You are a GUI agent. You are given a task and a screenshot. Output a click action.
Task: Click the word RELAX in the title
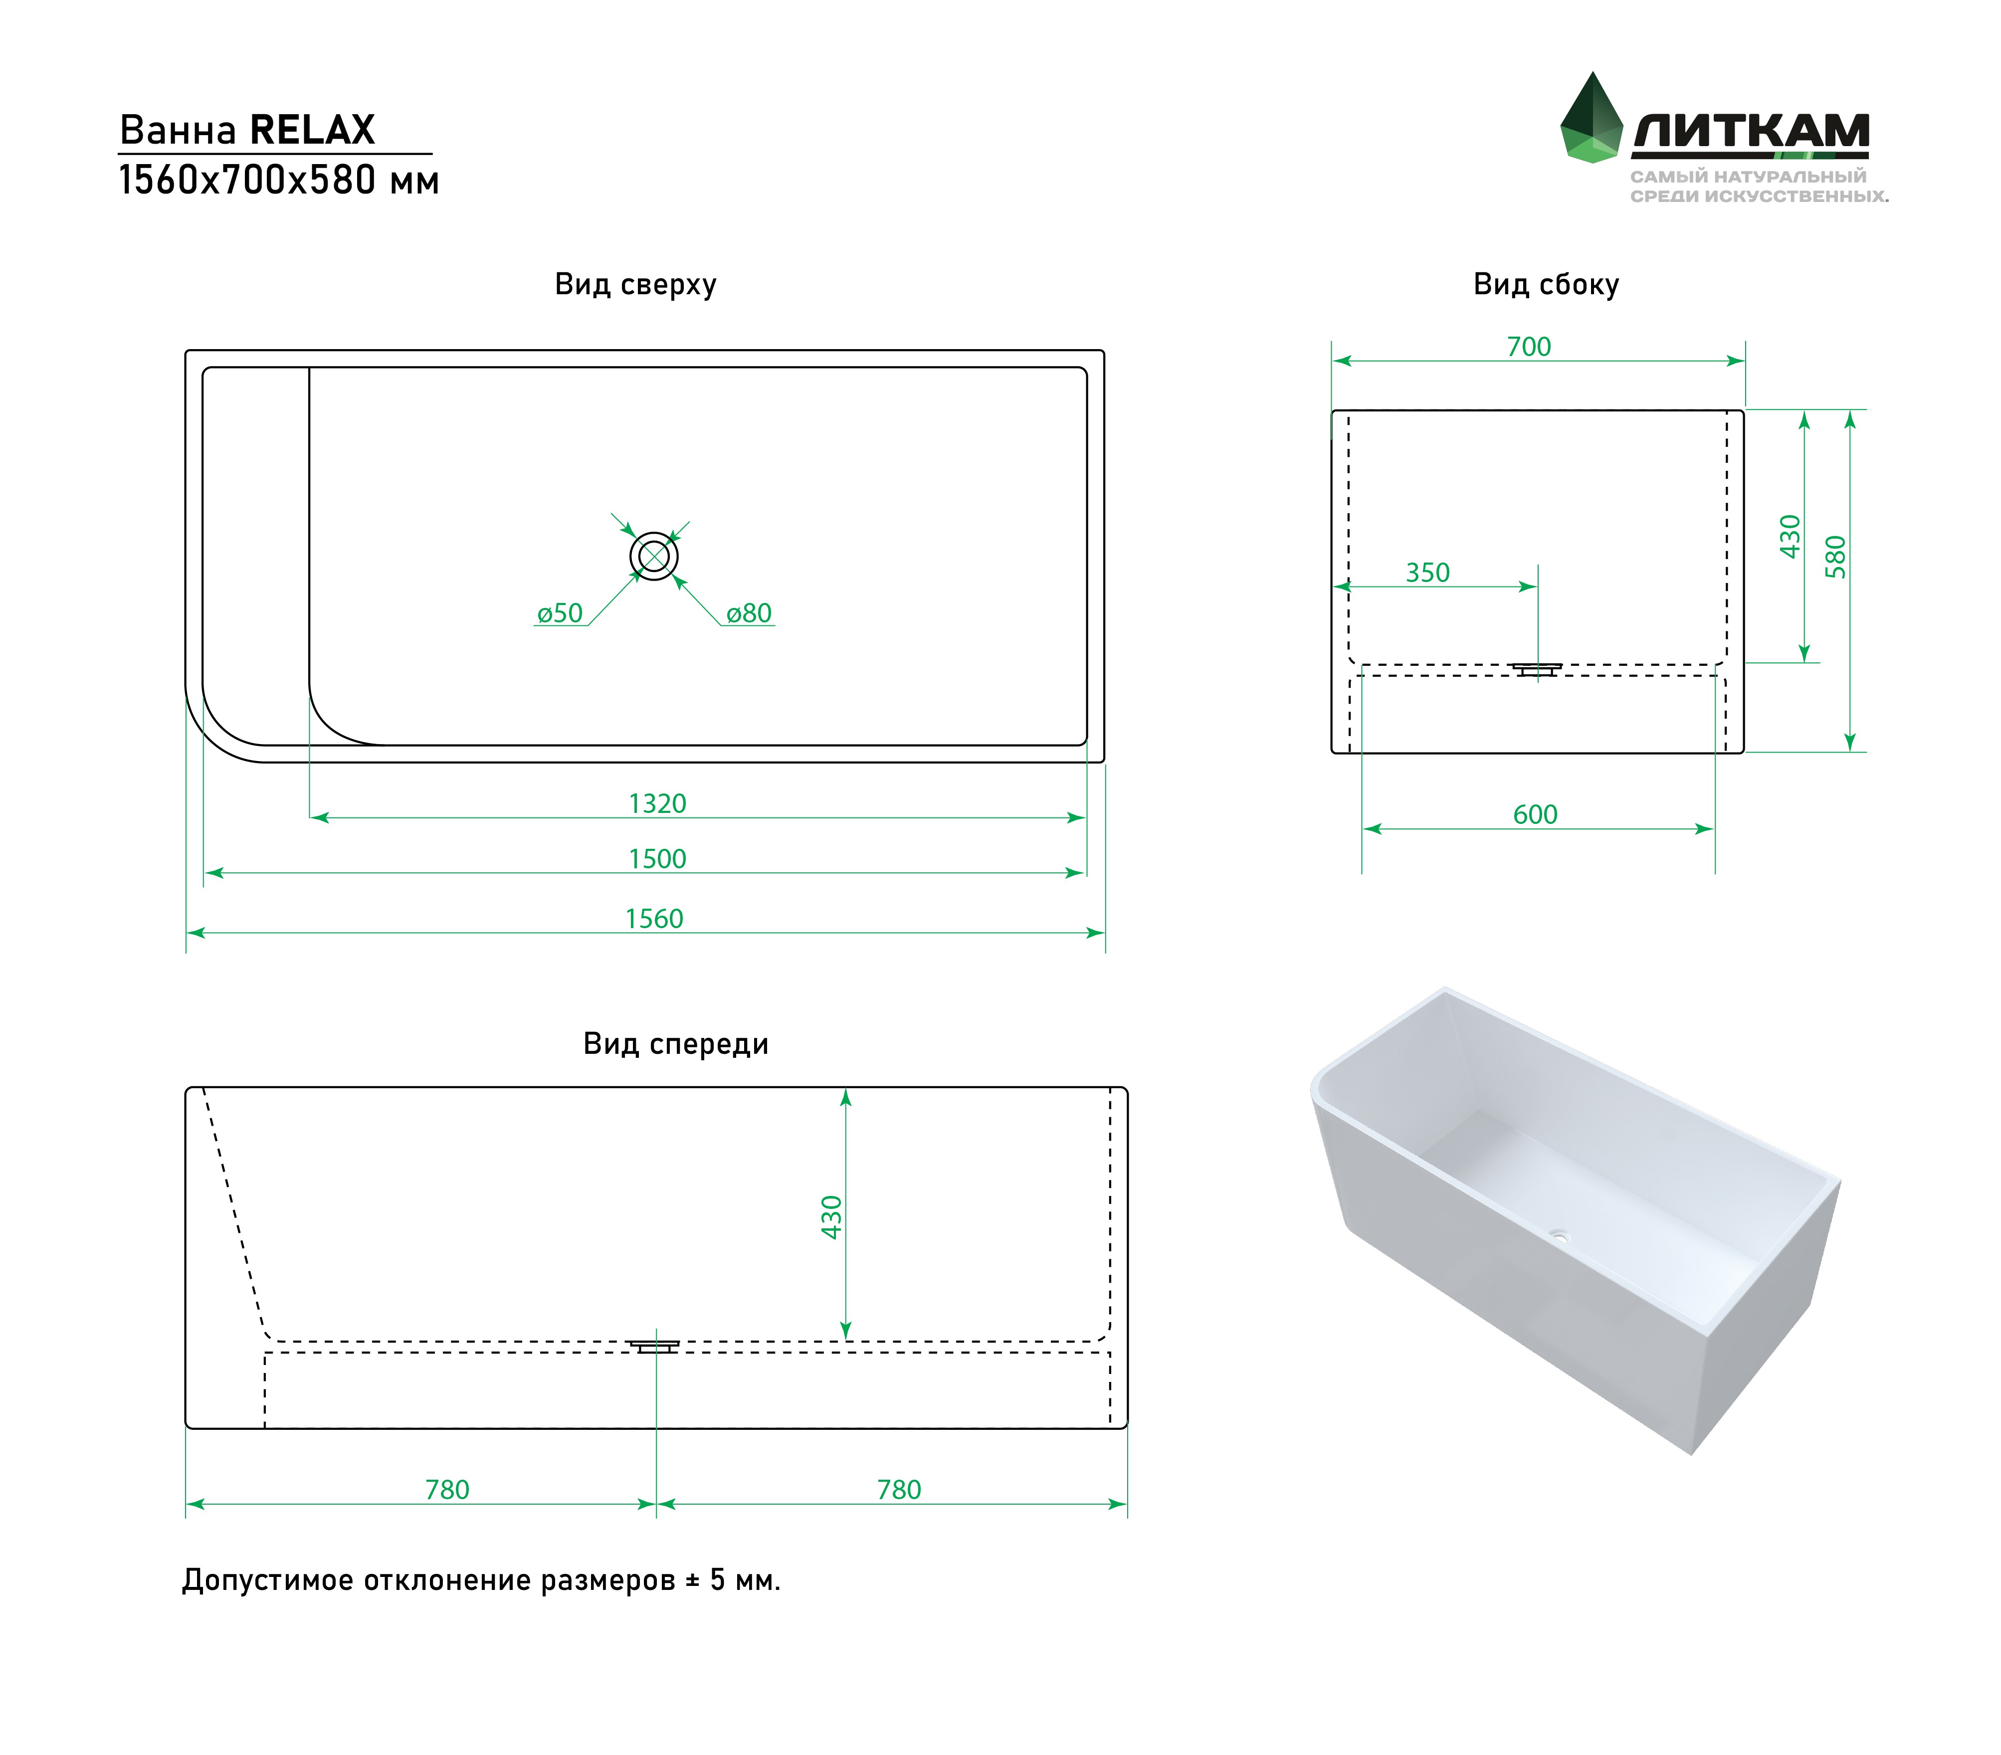coord(312,130)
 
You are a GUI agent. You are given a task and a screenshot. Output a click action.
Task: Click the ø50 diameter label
coord(560,614)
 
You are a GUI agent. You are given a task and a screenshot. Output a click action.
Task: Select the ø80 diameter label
coord(749,614)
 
